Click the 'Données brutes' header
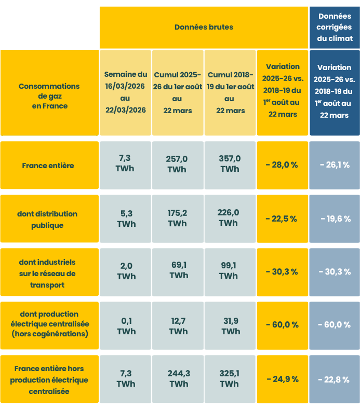[x=204, y=27]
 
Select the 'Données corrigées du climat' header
[x=335, y=27]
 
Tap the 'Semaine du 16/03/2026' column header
[x=125, y=92]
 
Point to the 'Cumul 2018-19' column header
[x=230, y=92]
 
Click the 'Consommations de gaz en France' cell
[x=49, y=96]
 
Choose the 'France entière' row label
[x=48, y=166]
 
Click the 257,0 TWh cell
[x=177, y=164]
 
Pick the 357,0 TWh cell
[x=230, y=164]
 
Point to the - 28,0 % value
[x=282, y=165]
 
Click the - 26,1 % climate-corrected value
[x=335, y=165]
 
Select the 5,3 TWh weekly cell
[x=126, y=219]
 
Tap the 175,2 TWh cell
[x=177, y=219]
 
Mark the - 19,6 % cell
[x=335, y=219]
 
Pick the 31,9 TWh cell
[x=231, y=326]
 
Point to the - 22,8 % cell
[x=335, y=379]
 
